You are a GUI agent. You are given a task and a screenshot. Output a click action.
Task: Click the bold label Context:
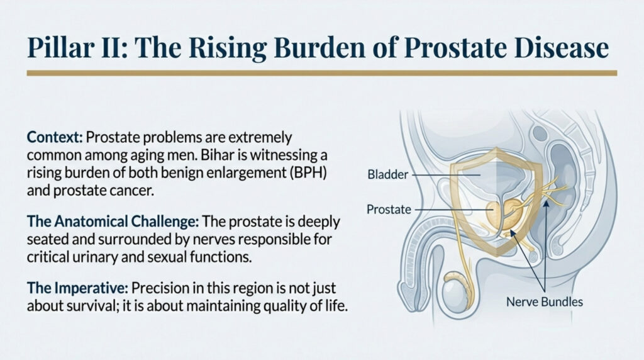coord(55,137)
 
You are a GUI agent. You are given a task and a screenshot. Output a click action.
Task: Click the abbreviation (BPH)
coord(308,173)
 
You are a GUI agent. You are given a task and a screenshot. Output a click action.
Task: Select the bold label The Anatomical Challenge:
coord(113,222)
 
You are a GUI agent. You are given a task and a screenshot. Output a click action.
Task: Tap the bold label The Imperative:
coord(78,288)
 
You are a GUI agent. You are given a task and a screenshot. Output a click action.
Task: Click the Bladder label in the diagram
coord(387,175)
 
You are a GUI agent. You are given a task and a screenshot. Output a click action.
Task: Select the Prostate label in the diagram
coord(389,210)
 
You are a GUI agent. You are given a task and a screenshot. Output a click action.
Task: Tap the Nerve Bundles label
coord(544,302)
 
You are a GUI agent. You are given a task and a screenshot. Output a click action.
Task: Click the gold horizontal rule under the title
coord(322,73)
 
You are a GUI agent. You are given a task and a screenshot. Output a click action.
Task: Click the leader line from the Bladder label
coord(446,175)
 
